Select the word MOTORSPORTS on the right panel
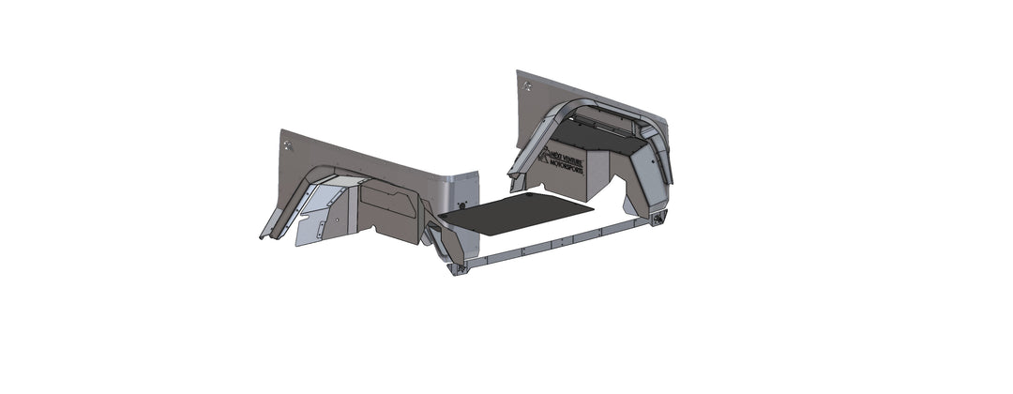click(565, 169)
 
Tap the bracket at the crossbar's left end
click(458, 269)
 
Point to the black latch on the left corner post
click(461, 205)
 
